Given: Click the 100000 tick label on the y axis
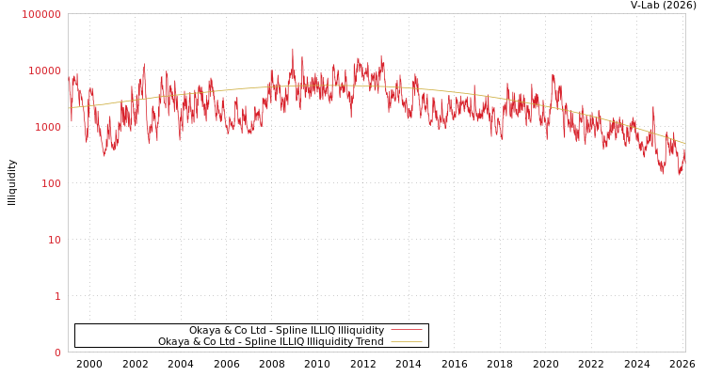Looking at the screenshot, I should coord(41,14).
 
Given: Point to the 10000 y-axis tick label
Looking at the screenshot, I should coord(44,70).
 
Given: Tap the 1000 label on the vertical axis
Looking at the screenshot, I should coord(47,127).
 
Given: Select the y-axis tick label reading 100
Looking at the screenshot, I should coord(50,183).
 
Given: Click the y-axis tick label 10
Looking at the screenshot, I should coord(54,240).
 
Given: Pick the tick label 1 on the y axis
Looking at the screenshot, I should coord(56,296).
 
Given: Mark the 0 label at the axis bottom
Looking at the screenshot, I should coord(56,352).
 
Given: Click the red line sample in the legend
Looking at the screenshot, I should coord(406,330).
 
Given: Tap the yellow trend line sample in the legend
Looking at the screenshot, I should coord(406,341).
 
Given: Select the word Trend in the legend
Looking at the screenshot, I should coord(369,341).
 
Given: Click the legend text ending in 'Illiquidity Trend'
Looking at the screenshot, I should coord(270,341).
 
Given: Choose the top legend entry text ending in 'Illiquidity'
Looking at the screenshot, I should coord(286,330).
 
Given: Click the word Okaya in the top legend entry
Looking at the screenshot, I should coord(204,330).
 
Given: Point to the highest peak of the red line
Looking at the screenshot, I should coord(292,49).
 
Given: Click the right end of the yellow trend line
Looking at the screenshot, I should coord(684,143).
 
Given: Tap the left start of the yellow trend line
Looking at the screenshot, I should coord(69,107).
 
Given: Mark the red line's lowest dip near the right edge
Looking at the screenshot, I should coord(664,174).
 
